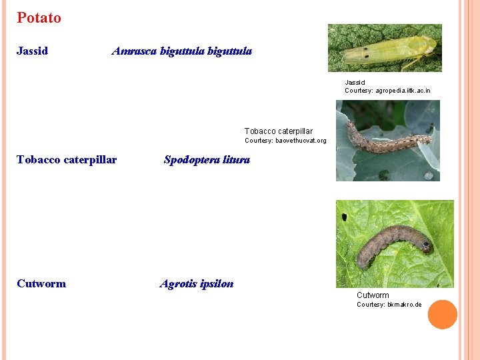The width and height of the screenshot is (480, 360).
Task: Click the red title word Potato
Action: pyautogui.click(x=39, y=18)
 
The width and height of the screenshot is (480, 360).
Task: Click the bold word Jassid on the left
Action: pyautogui.click(x=32, y=51)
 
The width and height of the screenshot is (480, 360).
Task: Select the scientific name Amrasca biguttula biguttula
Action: pyautogui.click(x=181, y=51)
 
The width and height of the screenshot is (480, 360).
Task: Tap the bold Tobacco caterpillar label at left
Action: pyautogui.click(x=67, y=159)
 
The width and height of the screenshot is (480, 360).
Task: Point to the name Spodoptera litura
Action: pyautogui.click(x=207, y=160)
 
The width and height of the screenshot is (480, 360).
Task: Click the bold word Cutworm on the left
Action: pyautogui.click(x=41, y=283)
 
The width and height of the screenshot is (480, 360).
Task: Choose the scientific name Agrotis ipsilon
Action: pyautogui.click(x=197, y=284)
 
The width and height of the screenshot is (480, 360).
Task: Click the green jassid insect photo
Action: pyautogui.click(x=385, y=48)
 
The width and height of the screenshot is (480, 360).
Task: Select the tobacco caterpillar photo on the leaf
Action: pyautogui.click(x=387, y=141)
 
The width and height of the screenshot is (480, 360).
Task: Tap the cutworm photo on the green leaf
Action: pyautogui.click(x=394, y=243)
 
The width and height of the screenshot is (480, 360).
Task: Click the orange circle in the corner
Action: pyautogui.click(x=442, y=315)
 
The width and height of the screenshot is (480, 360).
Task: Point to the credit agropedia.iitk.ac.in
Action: pyautogui.click(x=403, y=91)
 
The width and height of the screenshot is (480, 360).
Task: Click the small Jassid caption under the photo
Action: pyautogui.click(x=355, y=83)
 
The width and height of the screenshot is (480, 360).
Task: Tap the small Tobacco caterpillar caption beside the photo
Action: pyautogui.click(x=278, y=131)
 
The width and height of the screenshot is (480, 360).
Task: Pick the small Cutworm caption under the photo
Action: pyautogui.click(x=373, y=295)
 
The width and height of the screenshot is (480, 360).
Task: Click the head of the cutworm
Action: pyautogui.click(x=425, y=247)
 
